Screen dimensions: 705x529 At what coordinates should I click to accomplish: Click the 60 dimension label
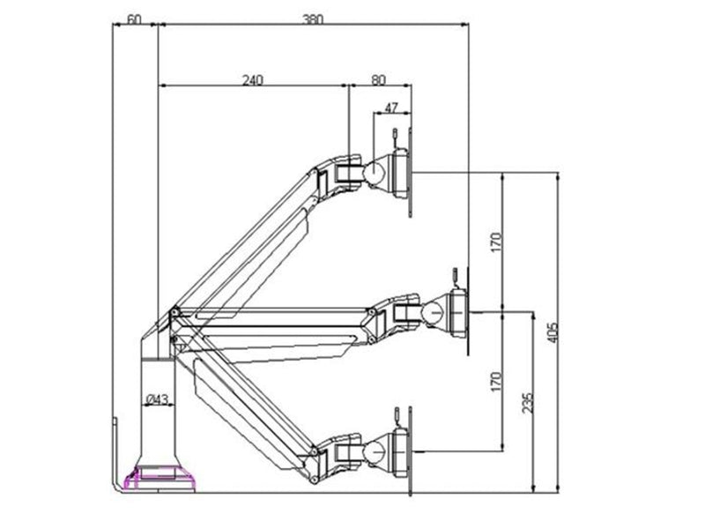pos(134,19)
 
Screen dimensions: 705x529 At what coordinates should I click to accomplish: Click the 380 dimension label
pos(313,19)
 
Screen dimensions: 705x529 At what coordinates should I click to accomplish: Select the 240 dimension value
pos(253,80)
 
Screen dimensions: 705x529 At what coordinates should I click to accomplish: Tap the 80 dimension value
pos(379,79)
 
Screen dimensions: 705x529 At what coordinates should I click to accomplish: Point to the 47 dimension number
pos(391,108)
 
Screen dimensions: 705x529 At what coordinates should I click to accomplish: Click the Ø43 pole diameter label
pos(158,399)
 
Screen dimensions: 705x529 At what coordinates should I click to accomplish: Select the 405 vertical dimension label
pos(553,332)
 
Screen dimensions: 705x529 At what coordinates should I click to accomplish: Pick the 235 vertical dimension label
pos(528,403)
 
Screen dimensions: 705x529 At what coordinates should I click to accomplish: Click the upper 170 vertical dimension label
pos(495,242)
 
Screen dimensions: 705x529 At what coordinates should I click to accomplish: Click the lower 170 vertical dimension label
pos(495,381)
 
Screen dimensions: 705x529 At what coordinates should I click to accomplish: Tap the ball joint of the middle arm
pos(434,311)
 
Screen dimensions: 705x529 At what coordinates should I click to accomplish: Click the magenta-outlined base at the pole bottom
pos(161,480)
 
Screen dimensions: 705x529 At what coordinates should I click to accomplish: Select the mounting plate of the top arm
pos(411,172)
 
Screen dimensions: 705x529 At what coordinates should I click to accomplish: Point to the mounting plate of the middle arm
pos(468,311)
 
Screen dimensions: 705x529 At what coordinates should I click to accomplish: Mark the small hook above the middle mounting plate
pos(455,278)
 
